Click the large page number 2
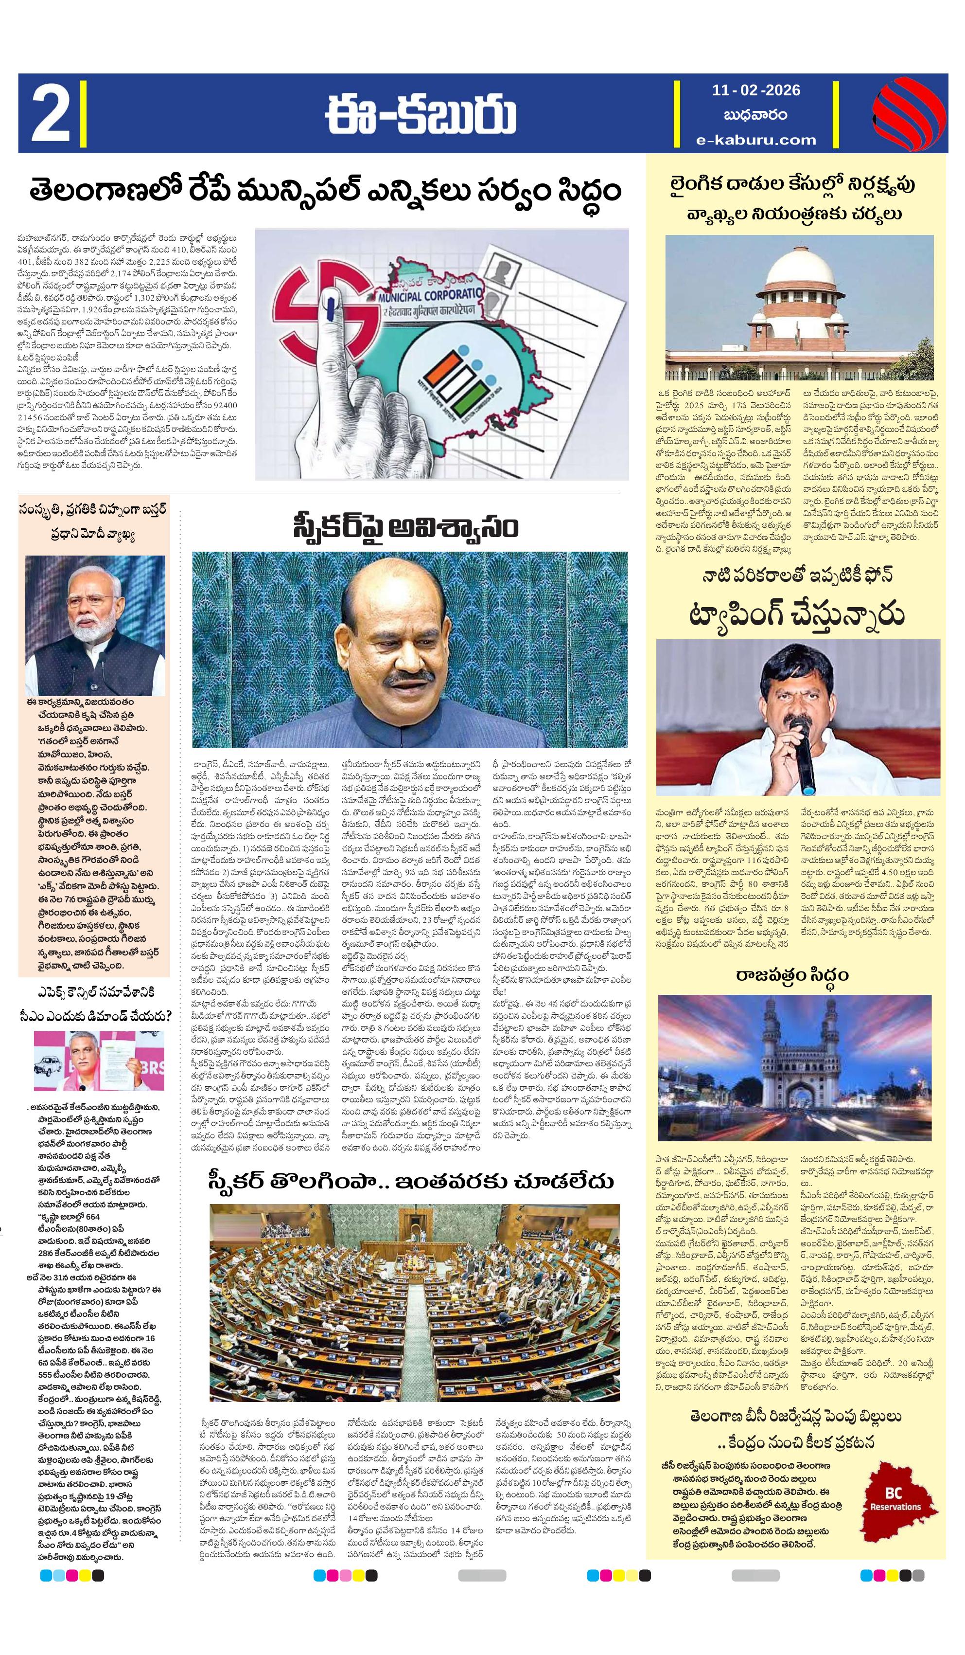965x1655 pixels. tap(51, 112)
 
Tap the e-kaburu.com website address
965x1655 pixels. tap(756, 139)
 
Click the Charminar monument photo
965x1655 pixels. tap(794, 1067)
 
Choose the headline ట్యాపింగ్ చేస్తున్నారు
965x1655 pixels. tap(796, 615)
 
